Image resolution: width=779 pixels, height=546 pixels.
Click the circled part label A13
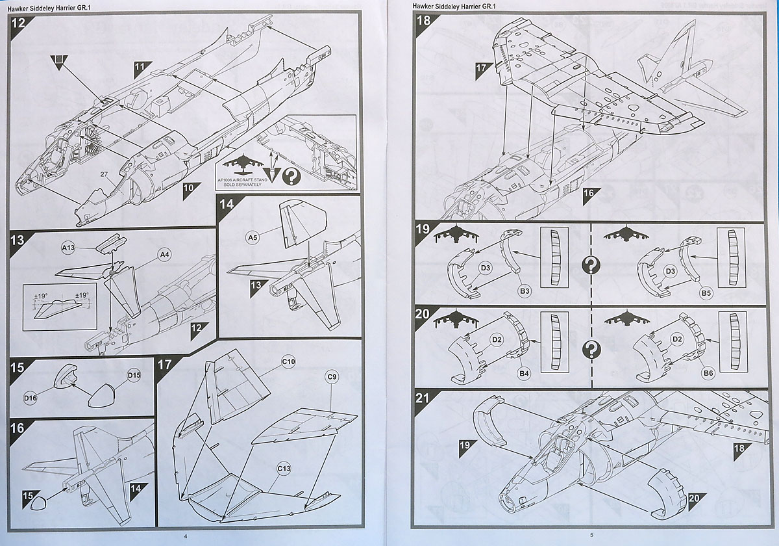69,248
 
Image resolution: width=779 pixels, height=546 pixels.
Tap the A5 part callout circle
254,238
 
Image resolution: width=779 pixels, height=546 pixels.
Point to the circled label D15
134,376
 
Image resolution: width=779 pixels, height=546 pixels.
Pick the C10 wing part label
289,361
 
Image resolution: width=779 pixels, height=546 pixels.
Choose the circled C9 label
332,376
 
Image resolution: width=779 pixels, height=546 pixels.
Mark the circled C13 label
284,467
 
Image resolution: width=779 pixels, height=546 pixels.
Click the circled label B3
525,292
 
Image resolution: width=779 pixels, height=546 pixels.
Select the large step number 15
18,367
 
